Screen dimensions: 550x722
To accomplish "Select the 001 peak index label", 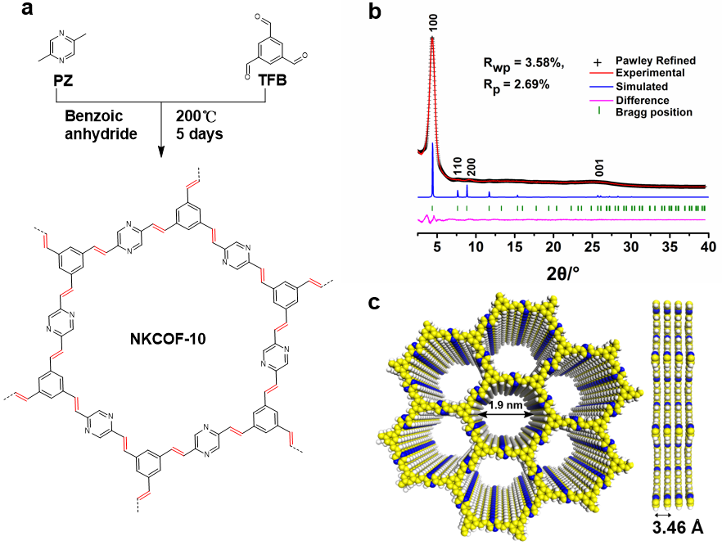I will [600, 169].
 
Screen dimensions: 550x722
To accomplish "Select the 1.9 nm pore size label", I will [503, 406].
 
